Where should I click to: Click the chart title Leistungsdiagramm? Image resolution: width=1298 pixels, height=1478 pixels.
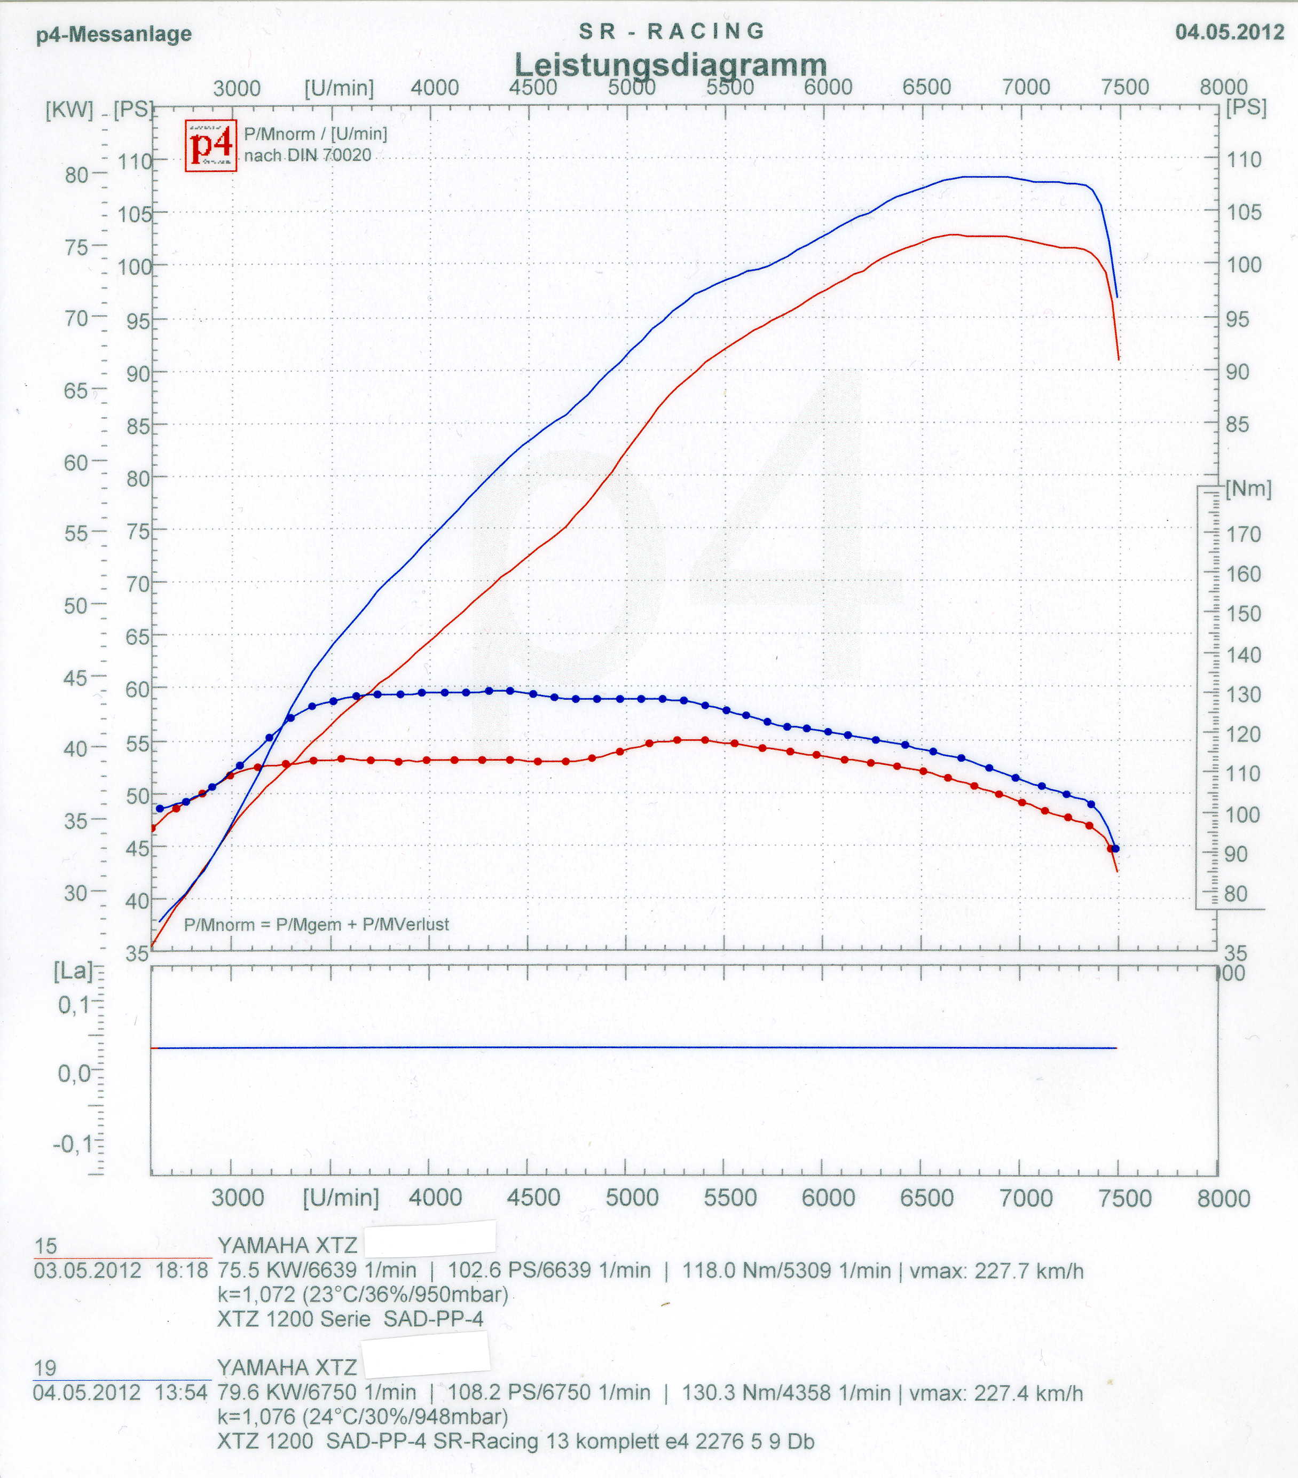670,65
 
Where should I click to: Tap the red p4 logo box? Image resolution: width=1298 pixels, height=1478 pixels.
210,145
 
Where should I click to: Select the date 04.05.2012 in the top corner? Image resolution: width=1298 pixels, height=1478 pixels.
1229,32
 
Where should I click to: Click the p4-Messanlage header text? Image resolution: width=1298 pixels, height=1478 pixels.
114,34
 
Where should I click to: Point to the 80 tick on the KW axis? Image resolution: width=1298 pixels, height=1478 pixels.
76,175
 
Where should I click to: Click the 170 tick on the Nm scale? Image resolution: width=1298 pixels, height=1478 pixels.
1243,534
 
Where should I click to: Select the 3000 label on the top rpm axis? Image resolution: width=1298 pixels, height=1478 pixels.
237,88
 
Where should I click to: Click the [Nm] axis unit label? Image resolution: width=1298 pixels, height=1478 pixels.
1248,489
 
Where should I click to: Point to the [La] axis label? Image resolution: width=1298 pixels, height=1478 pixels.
73,971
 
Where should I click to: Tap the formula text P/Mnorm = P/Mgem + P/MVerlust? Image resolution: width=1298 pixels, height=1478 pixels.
316,924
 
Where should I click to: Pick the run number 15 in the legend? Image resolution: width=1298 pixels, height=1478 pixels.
45,1245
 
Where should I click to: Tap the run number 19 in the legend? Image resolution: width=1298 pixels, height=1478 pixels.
45,1367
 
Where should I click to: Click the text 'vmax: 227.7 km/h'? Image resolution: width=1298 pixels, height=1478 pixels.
996,1270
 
